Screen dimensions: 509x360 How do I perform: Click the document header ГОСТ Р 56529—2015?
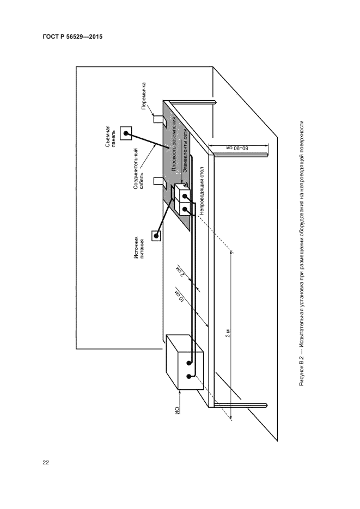72,37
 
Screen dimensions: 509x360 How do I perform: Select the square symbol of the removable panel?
126,132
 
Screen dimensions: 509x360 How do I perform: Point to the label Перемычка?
144,95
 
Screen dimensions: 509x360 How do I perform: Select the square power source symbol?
156,236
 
